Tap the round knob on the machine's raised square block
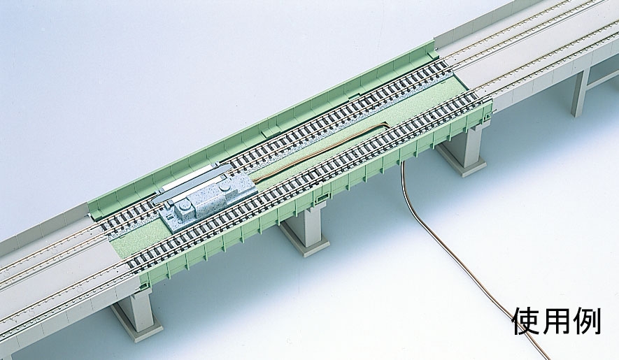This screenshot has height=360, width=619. tap(184, 206)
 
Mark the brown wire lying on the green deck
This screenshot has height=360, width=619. tap(320, 150)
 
